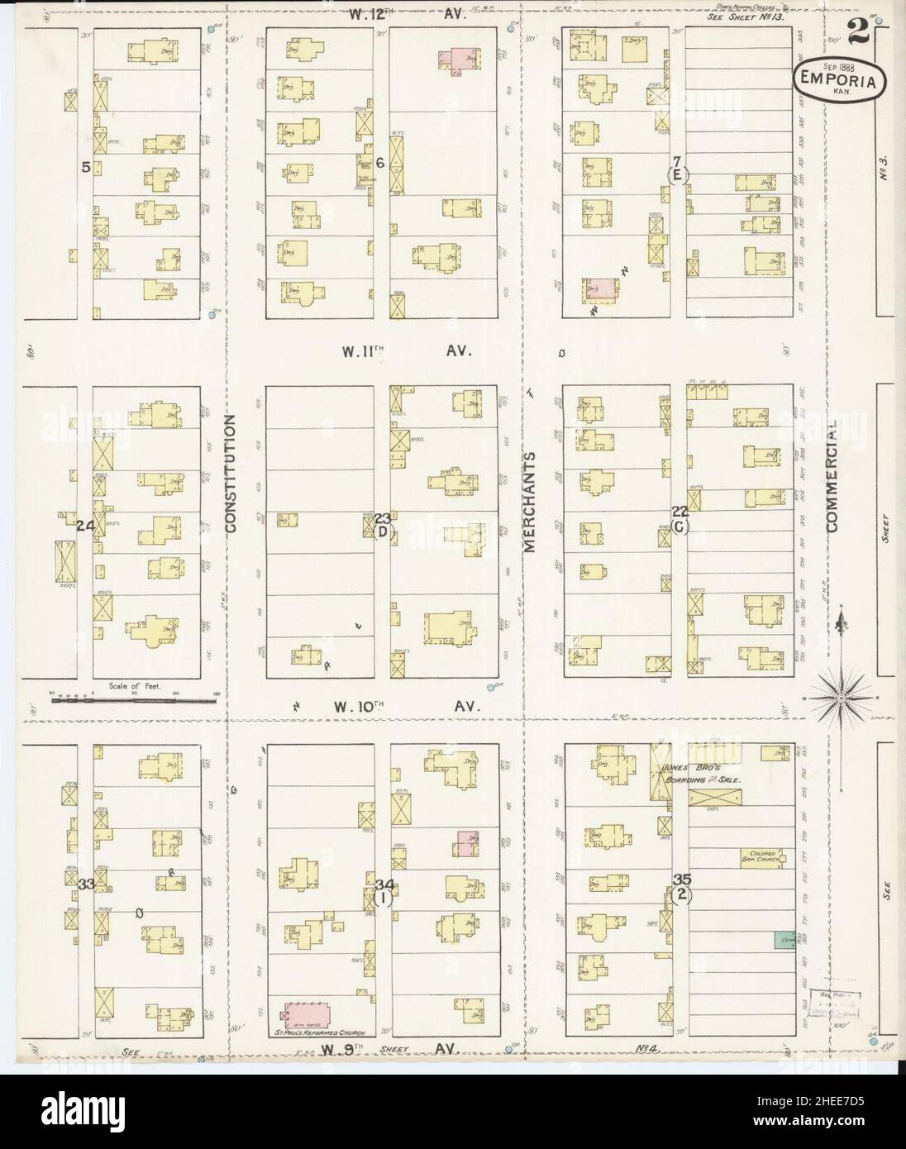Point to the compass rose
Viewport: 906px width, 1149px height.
pos(840,698)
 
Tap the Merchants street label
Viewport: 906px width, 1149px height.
pos(530,501)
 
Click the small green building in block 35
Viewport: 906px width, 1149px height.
pos(783,939)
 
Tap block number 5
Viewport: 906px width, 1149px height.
pos(85,166)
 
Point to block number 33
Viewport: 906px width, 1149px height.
pos(85,884)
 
